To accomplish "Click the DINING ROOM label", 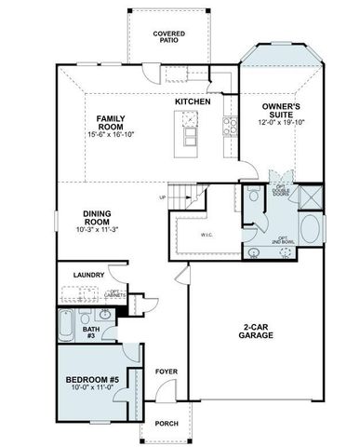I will [97, 218].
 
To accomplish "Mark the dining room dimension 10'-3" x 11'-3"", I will [97, 231].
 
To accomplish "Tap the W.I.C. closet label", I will [206, 235].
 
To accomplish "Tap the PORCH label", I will [167, 424].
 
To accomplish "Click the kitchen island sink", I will [190, 118].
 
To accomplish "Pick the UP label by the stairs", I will [163, 196].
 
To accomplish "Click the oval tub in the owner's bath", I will [309, 229].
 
